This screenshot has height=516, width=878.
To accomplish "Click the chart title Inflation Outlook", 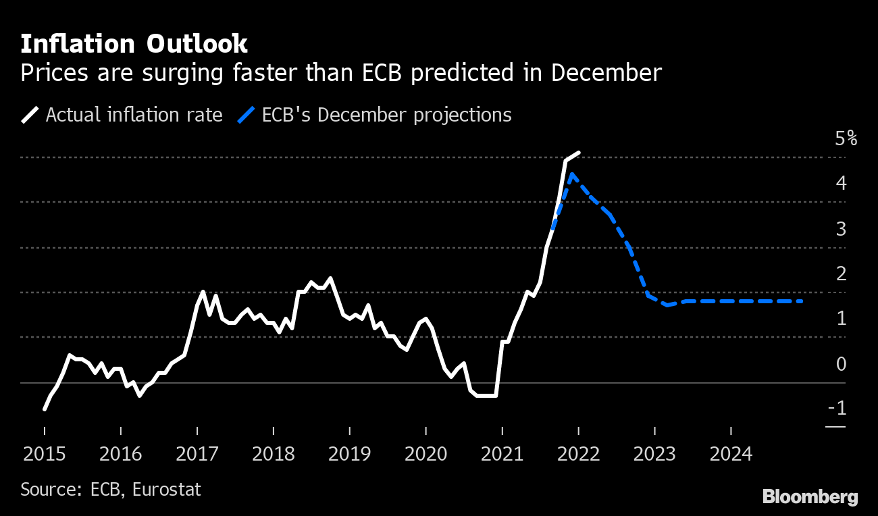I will (134, 44).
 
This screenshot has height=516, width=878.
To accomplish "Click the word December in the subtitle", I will (606, 72).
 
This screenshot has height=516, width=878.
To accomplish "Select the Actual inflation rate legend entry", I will (134, 115).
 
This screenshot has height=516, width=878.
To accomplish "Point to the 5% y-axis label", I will (846, 139).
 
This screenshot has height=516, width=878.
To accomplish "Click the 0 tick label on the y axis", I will (841, 364).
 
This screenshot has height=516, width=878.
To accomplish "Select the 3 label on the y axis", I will (841, 229).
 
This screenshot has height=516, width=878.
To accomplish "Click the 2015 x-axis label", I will (45, 453).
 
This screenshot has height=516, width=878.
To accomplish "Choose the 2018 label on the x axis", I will (274, 453).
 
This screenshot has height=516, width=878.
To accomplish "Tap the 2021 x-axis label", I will (502, 453).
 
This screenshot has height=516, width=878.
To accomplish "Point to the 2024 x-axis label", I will (731, 453).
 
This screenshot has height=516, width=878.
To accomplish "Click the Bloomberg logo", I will (810, 497).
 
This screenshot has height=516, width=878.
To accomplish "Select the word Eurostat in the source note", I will (167, 489).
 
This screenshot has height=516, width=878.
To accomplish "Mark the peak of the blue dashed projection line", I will (572, 174).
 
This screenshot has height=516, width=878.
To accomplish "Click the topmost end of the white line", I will (579, 153).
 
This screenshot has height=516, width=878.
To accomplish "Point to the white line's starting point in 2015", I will (45, 409).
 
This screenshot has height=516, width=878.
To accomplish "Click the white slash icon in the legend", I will (30, 115).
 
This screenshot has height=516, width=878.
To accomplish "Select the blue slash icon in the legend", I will (247, 115).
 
